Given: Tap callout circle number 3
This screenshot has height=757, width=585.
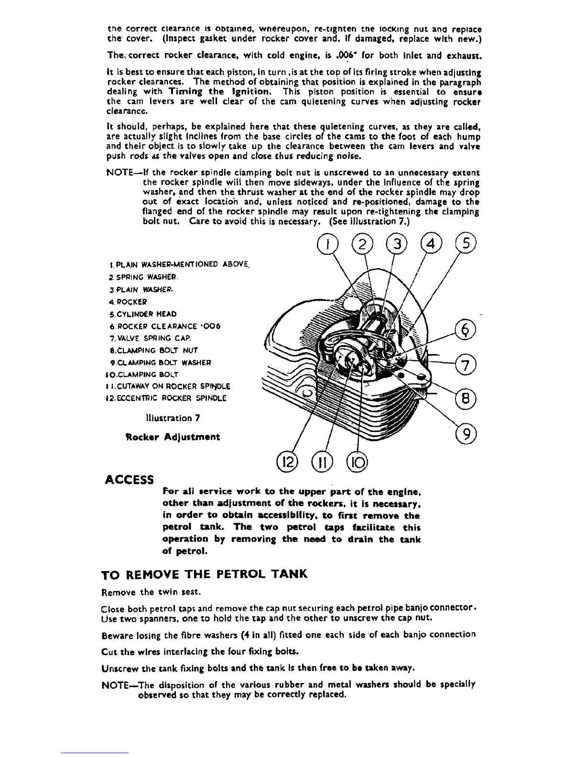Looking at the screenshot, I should [397, 247].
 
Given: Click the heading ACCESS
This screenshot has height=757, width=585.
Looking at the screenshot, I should [130, 479].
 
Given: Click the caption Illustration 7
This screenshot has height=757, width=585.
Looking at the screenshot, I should [173, 418].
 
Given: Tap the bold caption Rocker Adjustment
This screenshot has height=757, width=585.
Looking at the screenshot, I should [173, 437].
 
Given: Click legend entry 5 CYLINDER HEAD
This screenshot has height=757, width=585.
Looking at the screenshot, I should [143, 314].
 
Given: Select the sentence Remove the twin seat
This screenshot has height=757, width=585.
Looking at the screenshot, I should [150, 593].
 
